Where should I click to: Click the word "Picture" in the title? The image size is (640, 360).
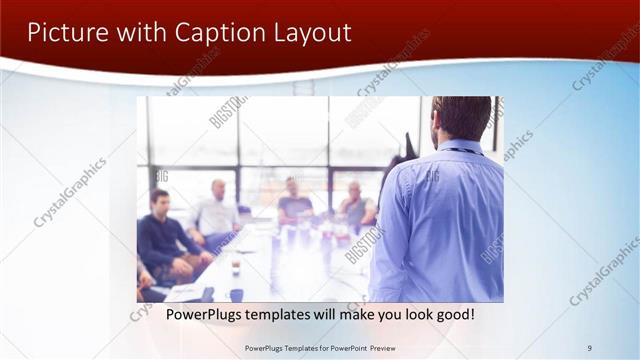tap(64, 32)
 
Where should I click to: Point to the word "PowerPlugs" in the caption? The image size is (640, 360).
tap(204, 314)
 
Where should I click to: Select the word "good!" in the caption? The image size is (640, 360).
tap(451, 314)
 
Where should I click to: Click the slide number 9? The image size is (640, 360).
tap(590, 348)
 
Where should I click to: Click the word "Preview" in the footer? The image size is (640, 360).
tap(379, 348)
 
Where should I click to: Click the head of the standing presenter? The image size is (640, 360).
tap(462, 117)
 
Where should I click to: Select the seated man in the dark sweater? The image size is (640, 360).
tap(159, 235)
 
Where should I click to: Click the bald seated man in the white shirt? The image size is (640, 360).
tap(215, 210)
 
